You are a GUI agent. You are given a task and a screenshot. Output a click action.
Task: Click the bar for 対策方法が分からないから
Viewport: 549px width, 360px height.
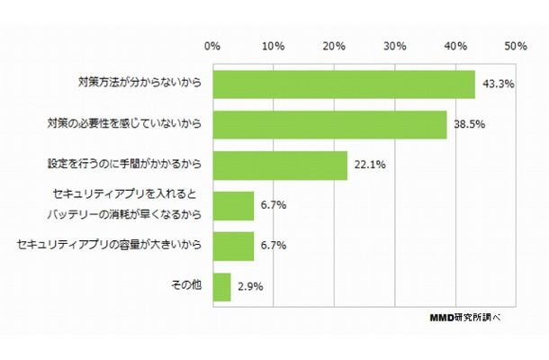point(344,85)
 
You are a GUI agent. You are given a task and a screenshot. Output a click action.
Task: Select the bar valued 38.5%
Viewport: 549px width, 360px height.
point(330,124)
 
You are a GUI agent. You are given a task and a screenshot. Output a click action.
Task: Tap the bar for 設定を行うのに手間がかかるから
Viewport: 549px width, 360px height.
point(280,165)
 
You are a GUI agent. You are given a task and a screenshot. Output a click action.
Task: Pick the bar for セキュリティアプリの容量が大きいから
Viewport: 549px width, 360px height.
point(233,245)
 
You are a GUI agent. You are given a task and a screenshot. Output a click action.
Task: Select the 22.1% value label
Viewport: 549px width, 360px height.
point(366,165)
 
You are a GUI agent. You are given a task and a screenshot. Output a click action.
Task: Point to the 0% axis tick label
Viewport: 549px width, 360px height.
point(212,46)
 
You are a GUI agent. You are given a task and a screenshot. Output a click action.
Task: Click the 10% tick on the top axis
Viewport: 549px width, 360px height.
point(274,46)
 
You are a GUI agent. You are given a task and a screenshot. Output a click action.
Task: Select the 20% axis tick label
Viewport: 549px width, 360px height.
point(334,46)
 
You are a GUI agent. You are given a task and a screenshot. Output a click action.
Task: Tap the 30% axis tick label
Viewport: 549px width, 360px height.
point(395,46)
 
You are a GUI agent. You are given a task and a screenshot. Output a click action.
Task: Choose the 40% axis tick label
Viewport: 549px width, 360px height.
point(455,46)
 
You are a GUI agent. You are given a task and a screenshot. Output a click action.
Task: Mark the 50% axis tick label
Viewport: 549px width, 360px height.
point(516,46)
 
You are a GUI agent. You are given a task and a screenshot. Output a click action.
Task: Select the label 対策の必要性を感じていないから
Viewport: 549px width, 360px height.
point(124,124)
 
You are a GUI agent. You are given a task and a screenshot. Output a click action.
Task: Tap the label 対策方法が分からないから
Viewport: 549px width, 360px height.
point(138,84)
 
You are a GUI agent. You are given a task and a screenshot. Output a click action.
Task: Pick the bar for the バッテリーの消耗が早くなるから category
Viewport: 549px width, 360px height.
point(233,205)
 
